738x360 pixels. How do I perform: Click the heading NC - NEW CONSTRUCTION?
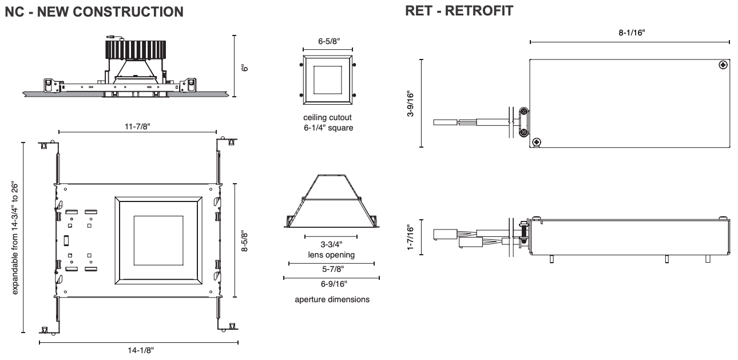pos(94,12)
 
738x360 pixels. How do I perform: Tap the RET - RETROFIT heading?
pos(459,11)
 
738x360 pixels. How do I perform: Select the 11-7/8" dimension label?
pos(137,126)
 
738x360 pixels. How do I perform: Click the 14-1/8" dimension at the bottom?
pos(141,350)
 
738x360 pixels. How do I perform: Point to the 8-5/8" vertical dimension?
pos(244,241)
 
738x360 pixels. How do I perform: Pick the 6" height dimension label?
pos(244,68)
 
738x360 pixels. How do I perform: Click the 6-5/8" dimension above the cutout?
pos(329,41)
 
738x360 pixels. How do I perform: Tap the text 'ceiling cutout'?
pos(327,117)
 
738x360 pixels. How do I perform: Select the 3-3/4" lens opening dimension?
pos(331,244)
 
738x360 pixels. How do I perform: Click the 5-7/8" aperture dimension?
pos(333,269)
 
